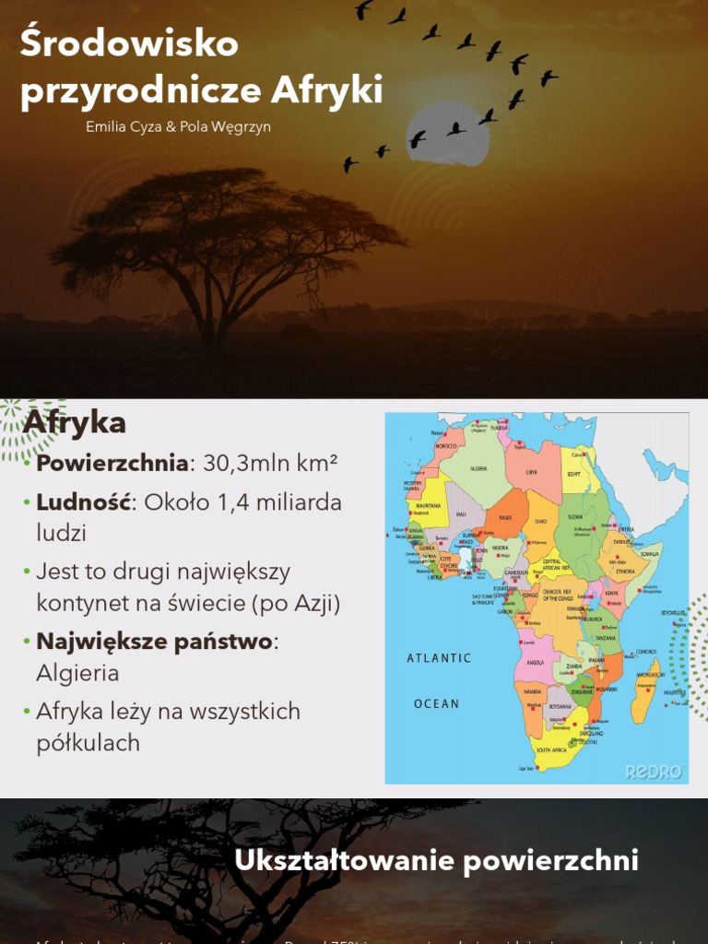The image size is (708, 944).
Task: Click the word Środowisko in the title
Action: pos(129,44)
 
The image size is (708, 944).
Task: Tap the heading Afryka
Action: pos(75,423)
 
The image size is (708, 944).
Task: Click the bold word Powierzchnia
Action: pos(112,463)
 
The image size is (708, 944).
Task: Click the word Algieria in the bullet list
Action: pos(77,673)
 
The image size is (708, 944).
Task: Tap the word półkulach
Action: pos(88,743)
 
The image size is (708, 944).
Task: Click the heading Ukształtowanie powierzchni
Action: pos(436,860)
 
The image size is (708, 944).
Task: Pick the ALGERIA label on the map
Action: pos(479,468)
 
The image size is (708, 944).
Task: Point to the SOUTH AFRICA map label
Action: pos(557,750)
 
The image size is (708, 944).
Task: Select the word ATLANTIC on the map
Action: pos(439,658)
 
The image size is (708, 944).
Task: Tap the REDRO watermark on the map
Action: pos(655,771)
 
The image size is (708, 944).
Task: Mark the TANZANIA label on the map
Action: pos(606,638)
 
